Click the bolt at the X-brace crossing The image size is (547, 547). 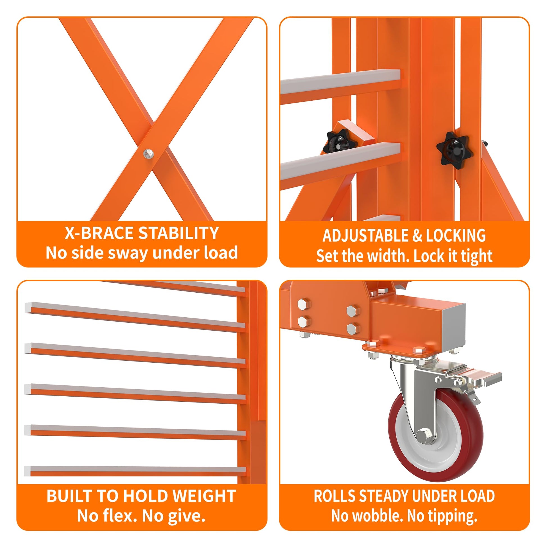pyautogui.click(x=148, y=154)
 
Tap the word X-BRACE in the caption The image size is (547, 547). pyautogui.click(x=100, y=233)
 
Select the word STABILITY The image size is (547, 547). pyautogui.click(x=179, y=233)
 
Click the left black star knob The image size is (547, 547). pyautogui.click(x=340, y=143)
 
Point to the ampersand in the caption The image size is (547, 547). pyautogui.click(x=417, y=236)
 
